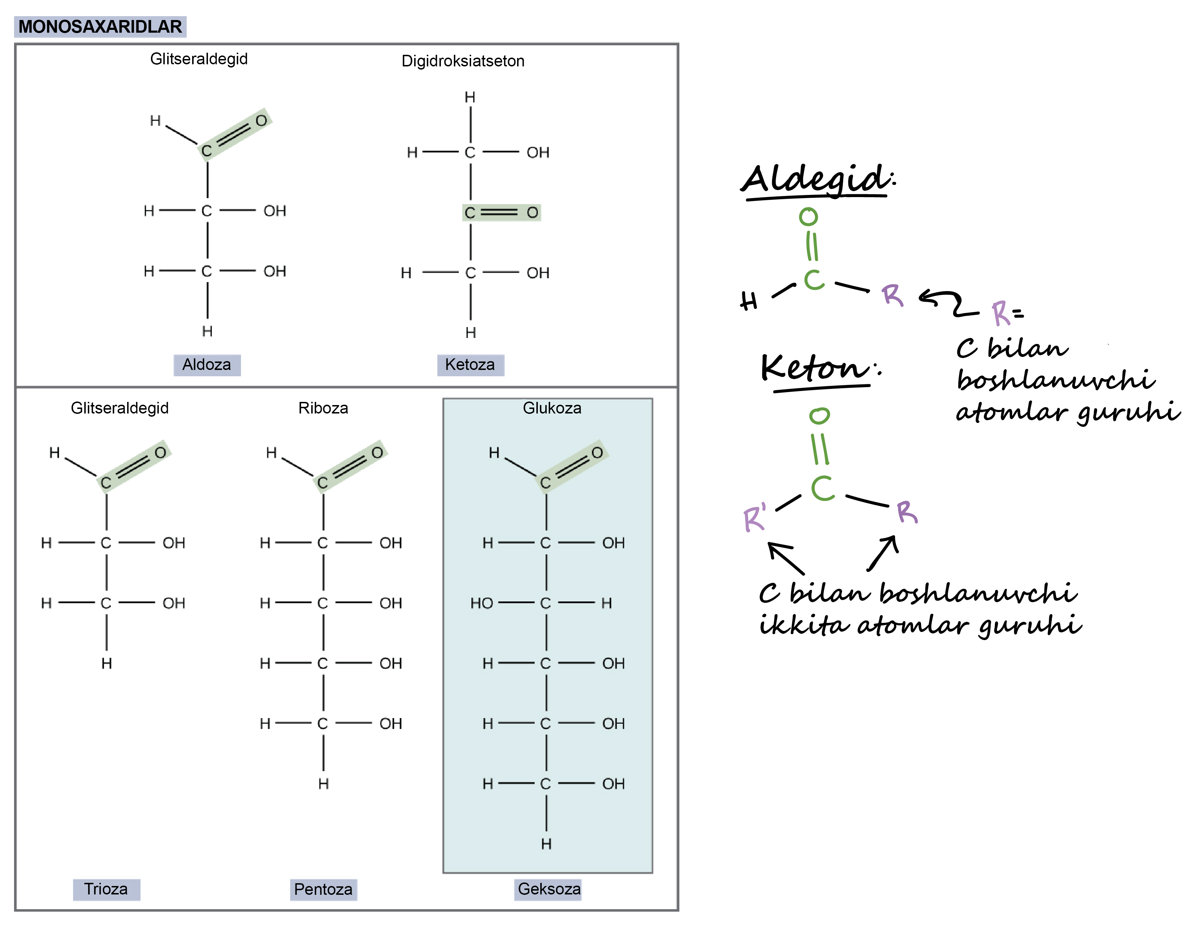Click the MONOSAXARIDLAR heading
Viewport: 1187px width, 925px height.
(100, 27)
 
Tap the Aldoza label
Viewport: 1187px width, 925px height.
(207, 365)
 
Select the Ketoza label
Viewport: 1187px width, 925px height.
(470, 365)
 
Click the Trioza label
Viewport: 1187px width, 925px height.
(106, 889)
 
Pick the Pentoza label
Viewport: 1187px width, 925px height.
(324, 890)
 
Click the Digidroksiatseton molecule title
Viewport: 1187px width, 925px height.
(463, 61)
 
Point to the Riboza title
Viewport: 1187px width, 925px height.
(324, 408)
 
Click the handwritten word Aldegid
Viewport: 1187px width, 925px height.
(817, 180)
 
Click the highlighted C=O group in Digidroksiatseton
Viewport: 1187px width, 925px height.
(501, 213)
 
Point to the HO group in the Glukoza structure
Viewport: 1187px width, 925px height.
(482, 603)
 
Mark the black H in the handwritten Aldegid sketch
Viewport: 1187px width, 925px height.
(749, 300)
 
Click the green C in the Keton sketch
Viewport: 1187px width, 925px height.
(823, 488)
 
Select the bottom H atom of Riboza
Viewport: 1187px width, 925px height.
(324, 784)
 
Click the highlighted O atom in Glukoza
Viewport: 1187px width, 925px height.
(597, 453)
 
